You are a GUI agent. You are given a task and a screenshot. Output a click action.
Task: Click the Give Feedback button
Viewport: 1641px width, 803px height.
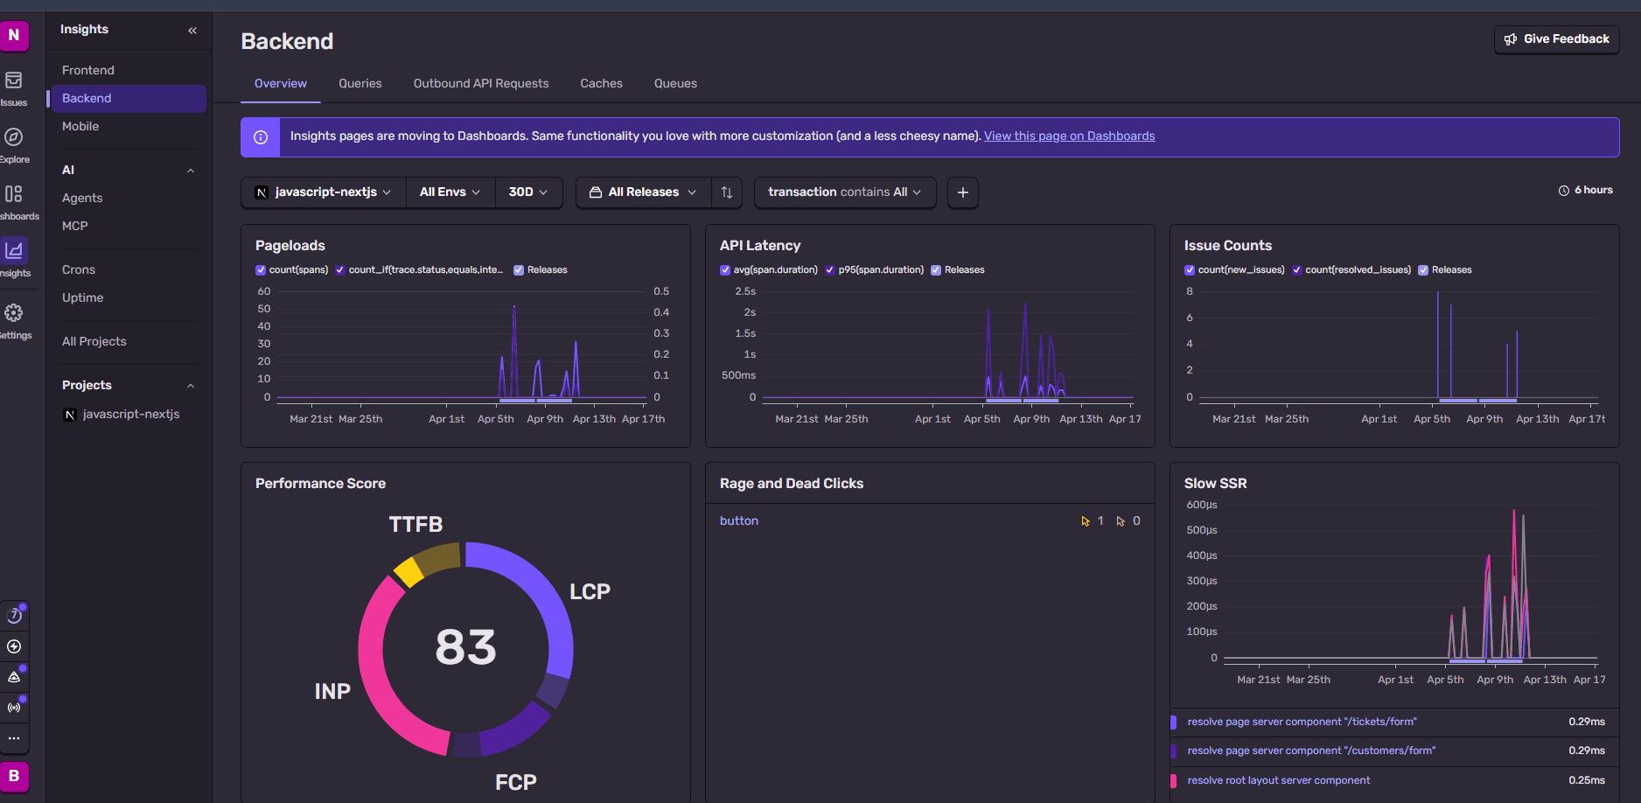1556,39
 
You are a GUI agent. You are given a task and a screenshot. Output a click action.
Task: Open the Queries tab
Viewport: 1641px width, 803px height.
360,84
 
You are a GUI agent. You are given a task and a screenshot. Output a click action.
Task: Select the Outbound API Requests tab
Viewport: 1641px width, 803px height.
480,84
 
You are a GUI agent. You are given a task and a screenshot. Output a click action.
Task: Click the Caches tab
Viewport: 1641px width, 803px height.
601,84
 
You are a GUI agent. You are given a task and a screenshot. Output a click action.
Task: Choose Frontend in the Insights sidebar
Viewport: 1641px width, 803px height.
88,70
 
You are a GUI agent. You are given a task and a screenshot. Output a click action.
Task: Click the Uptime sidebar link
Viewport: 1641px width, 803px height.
82,297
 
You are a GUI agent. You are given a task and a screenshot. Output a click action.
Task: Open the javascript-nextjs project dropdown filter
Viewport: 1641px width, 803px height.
323,192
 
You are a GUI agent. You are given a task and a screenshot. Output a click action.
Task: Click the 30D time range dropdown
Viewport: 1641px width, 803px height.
527,192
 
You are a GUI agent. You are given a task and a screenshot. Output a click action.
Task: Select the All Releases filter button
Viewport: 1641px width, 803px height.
642,192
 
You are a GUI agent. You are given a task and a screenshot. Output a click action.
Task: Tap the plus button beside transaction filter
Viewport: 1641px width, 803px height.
962,192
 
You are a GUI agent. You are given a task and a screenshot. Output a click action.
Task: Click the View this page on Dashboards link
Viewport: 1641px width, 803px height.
1069,136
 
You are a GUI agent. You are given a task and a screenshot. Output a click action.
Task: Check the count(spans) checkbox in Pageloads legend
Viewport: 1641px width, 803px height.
261,270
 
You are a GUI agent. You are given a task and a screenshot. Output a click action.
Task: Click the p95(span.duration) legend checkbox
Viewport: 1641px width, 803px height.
830,270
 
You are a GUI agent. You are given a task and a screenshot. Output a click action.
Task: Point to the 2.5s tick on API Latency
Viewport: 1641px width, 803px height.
745,291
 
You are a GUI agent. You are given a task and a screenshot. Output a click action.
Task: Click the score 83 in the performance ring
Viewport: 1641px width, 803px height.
465,647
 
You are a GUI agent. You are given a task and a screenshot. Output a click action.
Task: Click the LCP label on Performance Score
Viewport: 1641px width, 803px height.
590,592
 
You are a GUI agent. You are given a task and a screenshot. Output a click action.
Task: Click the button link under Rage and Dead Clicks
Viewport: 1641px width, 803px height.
738,521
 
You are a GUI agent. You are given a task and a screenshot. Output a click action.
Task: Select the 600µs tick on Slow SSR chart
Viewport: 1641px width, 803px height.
1201,505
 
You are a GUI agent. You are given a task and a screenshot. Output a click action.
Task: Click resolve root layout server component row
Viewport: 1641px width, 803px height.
1278,780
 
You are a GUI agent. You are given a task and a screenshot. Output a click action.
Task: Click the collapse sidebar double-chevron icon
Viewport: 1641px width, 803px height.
192,31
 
